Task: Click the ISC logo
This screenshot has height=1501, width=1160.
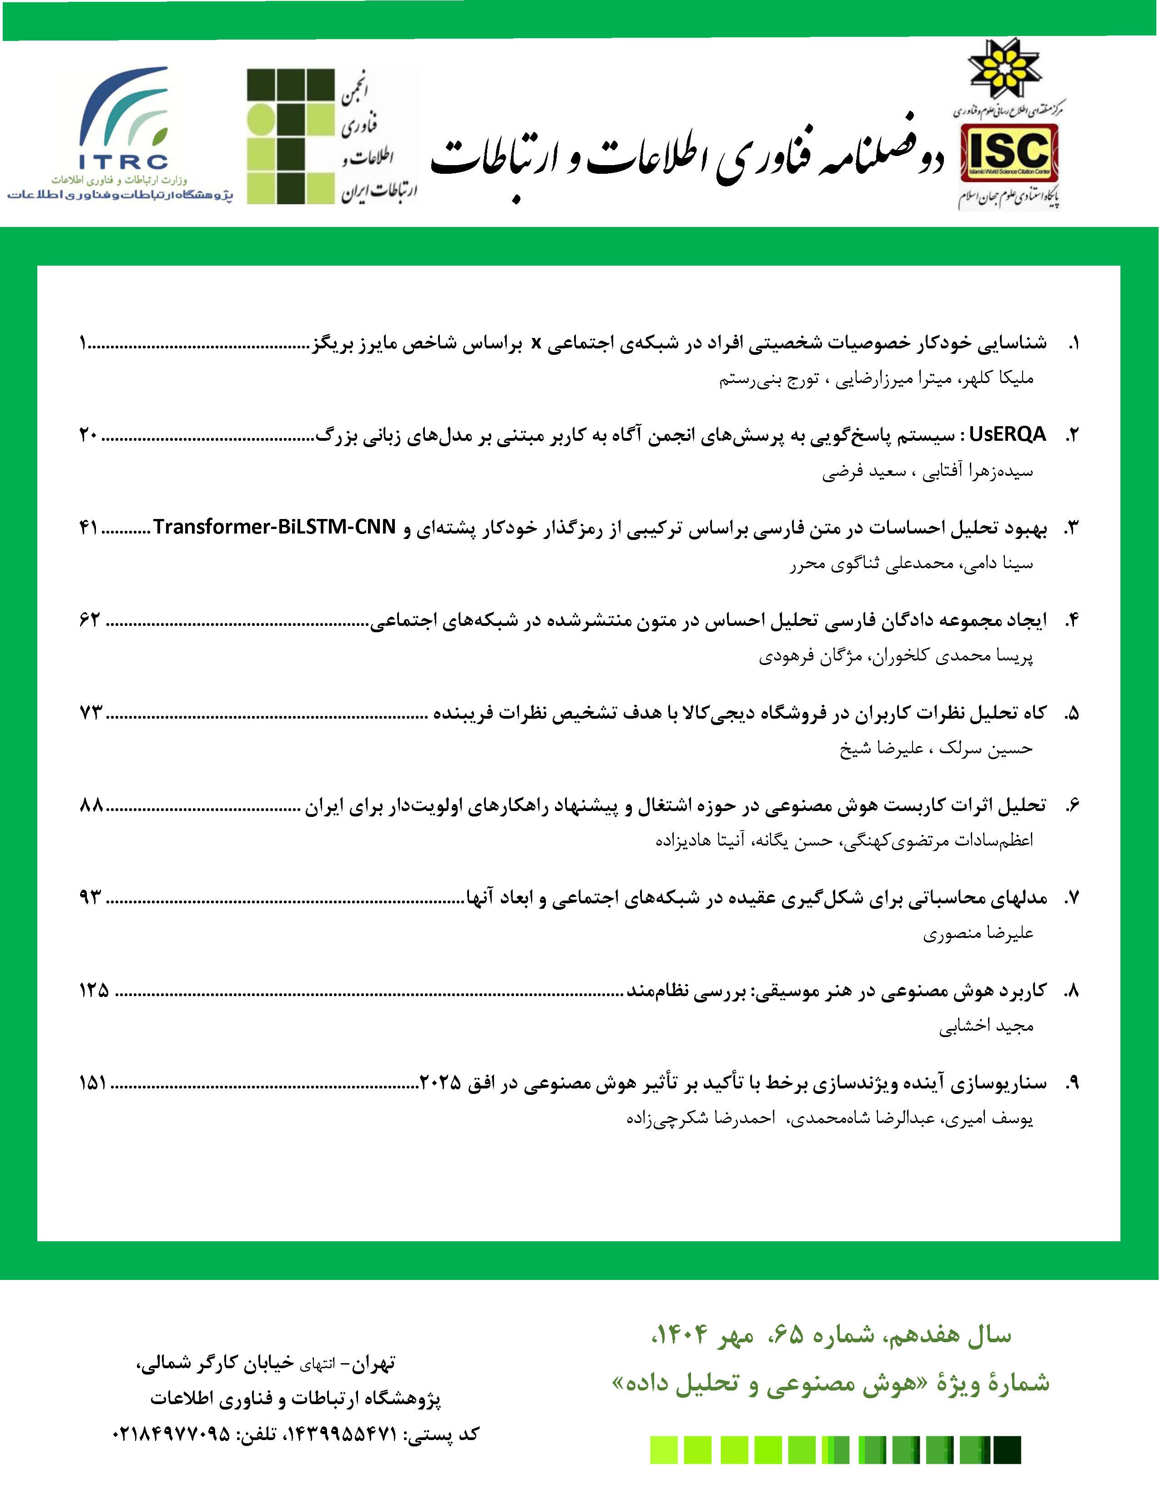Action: [1009, 152]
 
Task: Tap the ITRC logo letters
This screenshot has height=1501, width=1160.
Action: [124, 162]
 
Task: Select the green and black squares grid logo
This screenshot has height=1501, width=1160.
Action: [290, 136]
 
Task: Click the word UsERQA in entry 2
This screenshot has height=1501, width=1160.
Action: [1008, 434]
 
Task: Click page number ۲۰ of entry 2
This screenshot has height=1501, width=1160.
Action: [89, 435]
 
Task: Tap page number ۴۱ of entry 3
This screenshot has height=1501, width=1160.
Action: [89, 528]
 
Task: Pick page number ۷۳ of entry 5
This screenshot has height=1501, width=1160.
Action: [91, 713]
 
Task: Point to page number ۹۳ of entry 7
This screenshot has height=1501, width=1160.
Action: [91, 897]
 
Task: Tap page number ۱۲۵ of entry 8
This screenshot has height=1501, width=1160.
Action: [94, 990]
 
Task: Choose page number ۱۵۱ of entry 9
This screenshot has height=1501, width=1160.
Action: [93, 1083]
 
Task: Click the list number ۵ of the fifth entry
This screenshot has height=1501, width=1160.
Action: [1072, 713]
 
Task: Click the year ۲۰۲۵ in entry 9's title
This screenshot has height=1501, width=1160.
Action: [440, 1083]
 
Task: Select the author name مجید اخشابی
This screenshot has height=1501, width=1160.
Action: [986, 1026]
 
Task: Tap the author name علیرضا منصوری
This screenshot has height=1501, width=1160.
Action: [978, 933]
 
